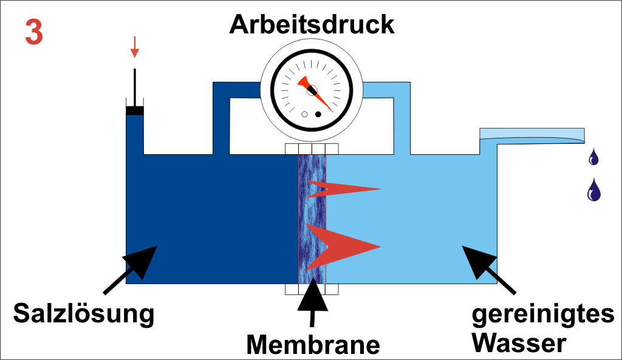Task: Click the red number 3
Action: (x=34, y=33)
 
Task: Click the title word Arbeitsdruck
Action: (x=312, y=25)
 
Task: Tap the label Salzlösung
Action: (x=84, y=314)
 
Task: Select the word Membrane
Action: (x=313, y=344)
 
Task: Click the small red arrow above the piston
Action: (x=135, y=47)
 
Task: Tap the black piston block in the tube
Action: (x=134, y=110)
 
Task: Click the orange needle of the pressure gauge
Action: (x=315, y=92)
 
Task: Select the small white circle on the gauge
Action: (x=304, y=114)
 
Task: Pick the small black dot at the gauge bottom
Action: (x=318, y=114)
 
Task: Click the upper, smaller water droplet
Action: (x=593, y=158)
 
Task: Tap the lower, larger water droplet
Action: (x=593, y=191)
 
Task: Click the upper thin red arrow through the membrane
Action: (x=343, y=189)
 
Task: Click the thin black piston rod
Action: (x=134, y=86)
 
